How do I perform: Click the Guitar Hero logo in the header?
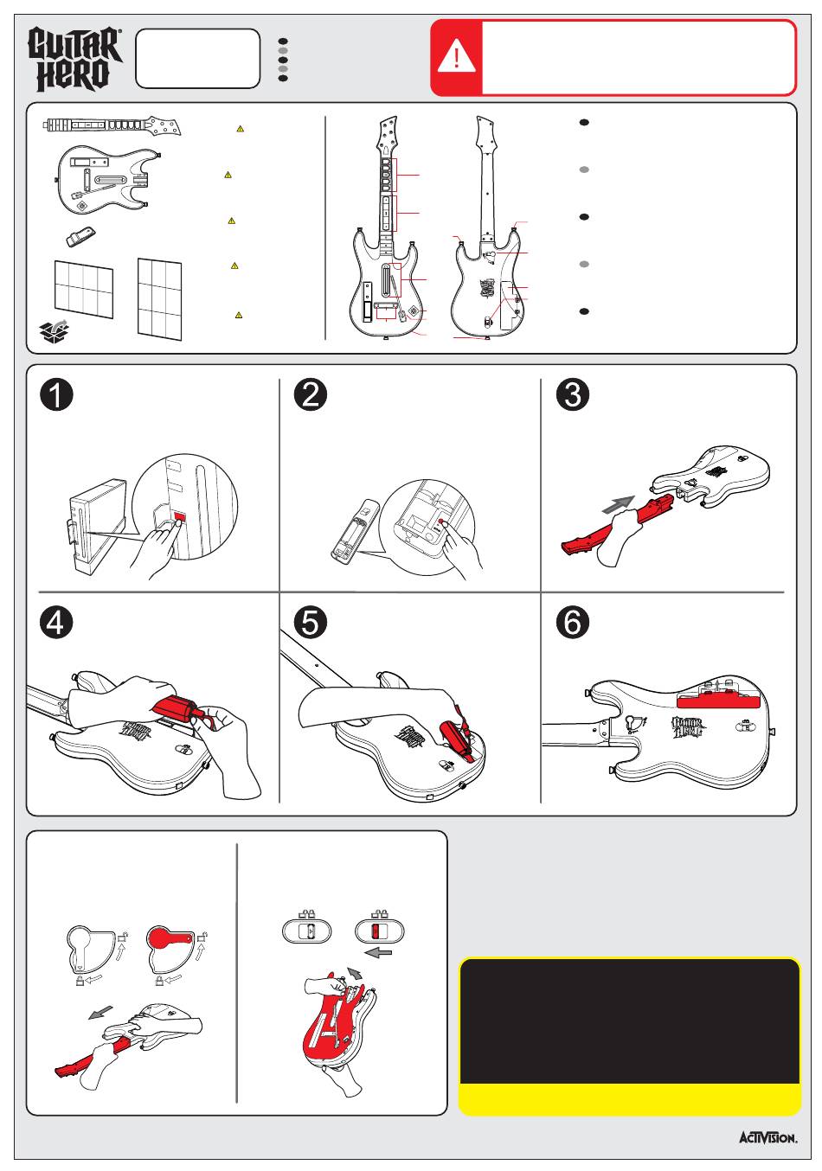pos(74,59)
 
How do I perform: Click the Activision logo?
pos(767,1138)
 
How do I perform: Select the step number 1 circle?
pos(56,395)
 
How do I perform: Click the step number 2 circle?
pos(311,395)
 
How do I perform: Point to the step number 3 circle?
pos(573,395)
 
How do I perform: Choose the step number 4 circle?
pos(56,623)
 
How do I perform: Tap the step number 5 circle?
pos(311,623)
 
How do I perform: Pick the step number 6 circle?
pos(573,623)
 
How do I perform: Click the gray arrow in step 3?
pos(618,505)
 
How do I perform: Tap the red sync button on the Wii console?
pos(180,517)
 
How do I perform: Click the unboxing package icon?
pos(55,330)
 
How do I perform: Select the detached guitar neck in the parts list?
pos(112,125)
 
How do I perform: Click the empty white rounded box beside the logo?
pos(197,59)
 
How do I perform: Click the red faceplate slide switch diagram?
pos(375,931)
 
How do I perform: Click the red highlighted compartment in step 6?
pos(718,700)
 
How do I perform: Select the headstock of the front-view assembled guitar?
pos(388,131)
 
